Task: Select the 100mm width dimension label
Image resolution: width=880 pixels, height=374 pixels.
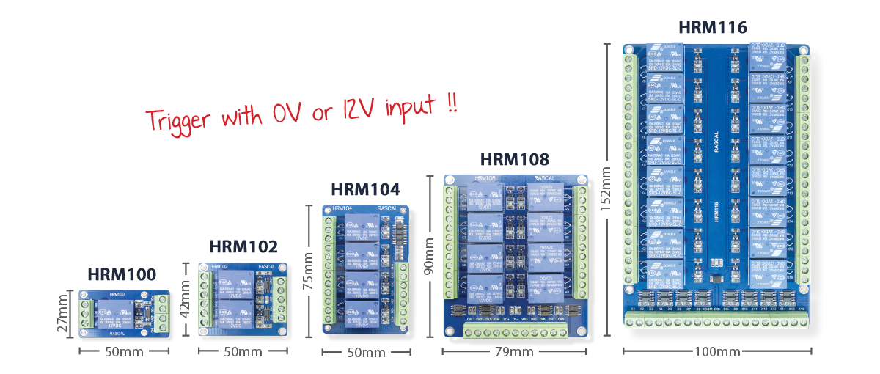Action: tap(715, 352)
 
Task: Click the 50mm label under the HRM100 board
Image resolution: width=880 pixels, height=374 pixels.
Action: tap(125, 352)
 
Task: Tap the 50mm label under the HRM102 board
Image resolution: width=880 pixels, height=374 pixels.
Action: tap(242, 352)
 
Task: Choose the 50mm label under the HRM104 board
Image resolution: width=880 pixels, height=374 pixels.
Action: tap(364, 353)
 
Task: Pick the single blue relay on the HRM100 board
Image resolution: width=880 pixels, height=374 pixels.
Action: tap(115, 315)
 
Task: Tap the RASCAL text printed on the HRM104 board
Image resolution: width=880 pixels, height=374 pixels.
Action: tap(388, 209)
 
